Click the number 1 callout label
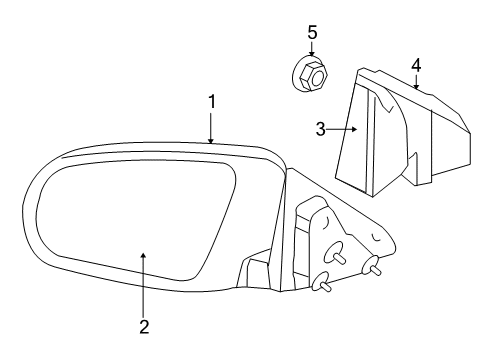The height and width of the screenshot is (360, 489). (211, 101)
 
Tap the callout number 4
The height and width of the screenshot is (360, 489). (415, 66)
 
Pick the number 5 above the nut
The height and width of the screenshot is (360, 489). (312, 33)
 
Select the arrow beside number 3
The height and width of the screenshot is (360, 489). (345, 129)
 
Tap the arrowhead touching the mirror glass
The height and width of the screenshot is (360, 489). (144, 256)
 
